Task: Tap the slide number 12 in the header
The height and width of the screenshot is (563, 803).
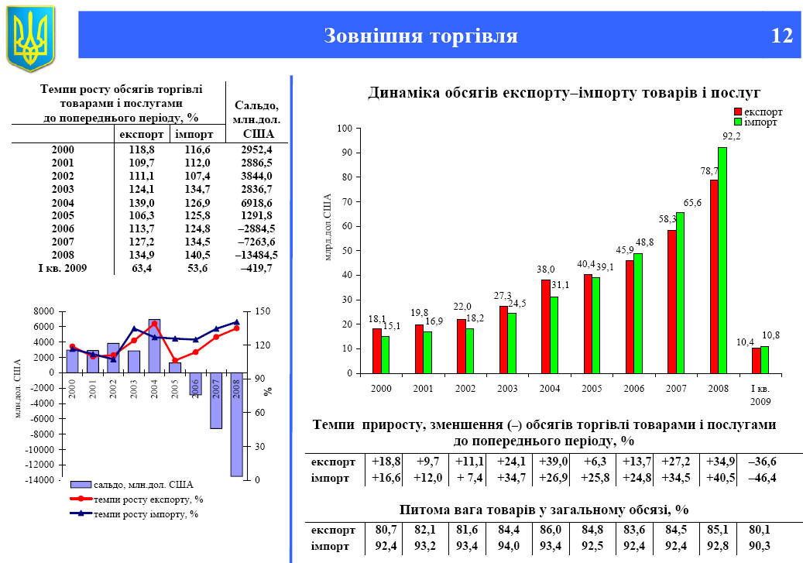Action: [x=782, y=36]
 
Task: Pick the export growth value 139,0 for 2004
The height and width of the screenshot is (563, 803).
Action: [x=130, y=202]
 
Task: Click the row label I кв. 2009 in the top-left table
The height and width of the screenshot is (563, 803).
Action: [x=63, y=268]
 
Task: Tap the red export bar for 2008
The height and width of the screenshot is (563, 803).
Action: [x=714, y=276]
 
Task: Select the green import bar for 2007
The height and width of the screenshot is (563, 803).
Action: [x=680, y=293]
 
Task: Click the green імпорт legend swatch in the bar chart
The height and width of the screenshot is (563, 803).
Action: [x=737, y=122]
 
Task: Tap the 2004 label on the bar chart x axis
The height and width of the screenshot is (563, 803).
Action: [x=550, y=386]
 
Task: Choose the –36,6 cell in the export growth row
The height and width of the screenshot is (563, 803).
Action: [x=762, y=462]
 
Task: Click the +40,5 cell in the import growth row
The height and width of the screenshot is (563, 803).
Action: [x=720, y=477]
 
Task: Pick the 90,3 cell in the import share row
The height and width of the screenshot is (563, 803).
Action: [x=762, y=546]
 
